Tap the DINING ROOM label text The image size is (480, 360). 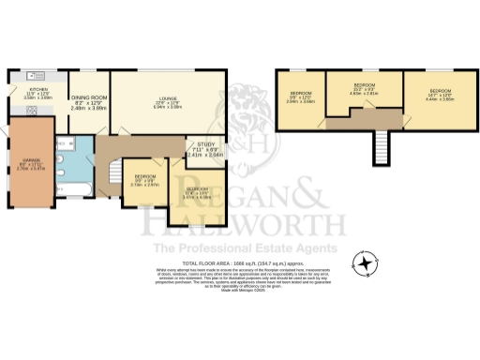point(89,100)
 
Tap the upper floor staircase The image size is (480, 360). point(381,145)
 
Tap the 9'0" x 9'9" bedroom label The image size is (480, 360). point(145,180)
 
